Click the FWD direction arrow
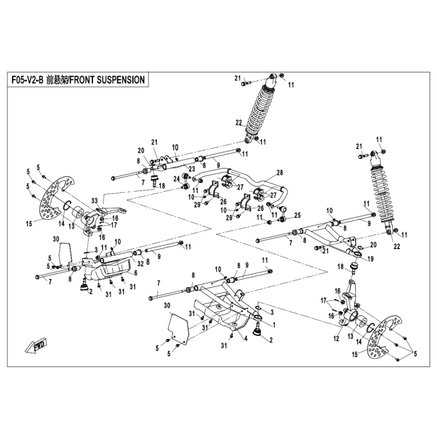coord(36,346)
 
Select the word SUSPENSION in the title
coord(120,80)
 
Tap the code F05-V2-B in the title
coord(27,80)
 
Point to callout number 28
coord(280,172)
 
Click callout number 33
coord(94,201)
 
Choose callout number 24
coord(177,179)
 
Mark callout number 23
coord(192,169)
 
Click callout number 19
coord(370,259)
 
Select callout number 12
coord(336,338)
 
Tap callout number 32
coord(140,263)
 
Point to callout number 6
coord(135,273)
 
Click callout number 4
coord(246,339)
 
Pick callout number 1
coord(274,325)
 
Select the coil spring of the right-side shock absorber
coord(382,193)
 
